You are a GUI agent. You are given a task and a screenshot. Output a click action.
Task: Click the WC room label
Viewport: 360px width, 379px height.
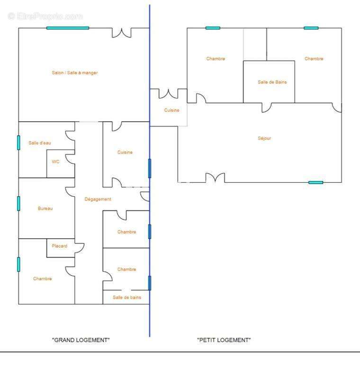point(55,162)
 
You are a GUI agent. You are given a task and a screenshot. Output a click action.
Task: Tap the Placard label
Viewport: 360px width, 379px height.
point(59,246)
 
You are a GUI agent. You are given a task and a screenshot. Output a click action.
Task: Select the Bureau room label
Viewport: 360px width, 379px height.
point(45,208)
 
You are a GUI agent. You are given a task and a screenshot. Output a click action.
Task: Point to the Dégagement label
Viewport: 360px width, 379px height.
point(98,199)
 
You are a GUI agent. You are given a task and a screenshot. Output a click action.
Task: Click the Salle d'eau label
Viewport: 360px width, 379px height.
point(40,143)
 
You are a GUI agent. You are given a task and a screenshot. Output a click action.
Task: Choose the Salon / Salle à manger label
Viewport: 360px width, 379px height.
point(75,72)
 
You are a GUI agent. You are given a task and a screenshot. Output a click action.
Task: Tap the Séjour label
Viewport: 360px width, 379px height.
point(264,138)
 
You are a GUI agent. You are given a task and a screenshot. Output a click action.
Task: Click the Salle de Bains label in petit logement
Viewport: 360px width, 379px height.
point(272,82)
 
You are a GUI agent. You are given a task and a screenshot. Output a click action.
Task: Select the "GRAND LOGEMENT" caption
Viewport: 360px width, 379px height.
point(81,340)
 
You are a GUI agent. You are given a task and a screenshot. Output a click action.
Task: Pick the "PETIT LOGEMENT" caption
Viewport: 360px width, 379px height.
point(224,340)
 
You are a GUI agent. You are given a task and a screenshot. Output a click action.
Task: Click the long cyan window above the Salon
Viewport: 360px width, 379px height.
point(68,28)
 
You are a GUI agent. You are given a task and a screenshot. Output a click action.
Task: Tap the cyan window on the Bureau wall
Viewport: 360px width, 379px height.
point(18,204)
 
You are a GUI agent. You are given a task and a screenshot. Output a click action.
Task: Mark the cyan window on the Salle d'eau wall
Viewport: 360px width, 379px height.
point(18,143)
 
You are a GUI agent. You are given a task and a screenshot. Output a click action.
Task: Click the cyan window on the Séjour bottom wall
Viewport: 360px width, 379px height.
point(316,182)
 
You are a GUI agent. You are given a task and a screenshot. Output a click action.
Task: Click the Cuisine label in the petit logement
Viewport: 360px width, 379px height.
point(172,110)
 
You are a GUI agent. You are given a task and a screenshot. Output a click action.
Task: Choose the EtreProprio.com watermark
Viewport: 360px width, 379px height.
point(45,17)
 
